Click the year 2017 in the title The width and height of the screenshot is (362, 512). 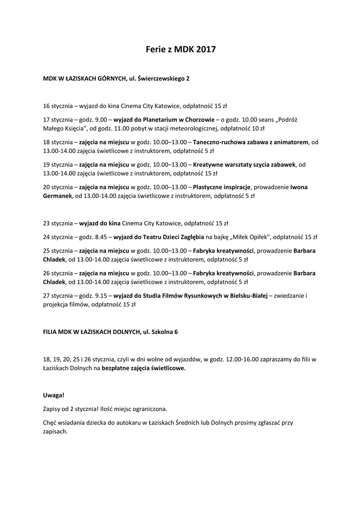(x=206, y=49)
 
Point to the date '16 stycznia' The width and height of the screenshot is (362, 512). (x=57, y=106)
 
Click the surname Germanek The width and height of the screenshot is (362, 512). (x=57, y=196)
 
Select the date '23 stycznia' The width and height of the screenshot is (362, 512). (x=57, y=223)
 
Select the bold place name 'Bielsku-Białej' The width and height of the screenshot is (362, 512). (x=248, y=295)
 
